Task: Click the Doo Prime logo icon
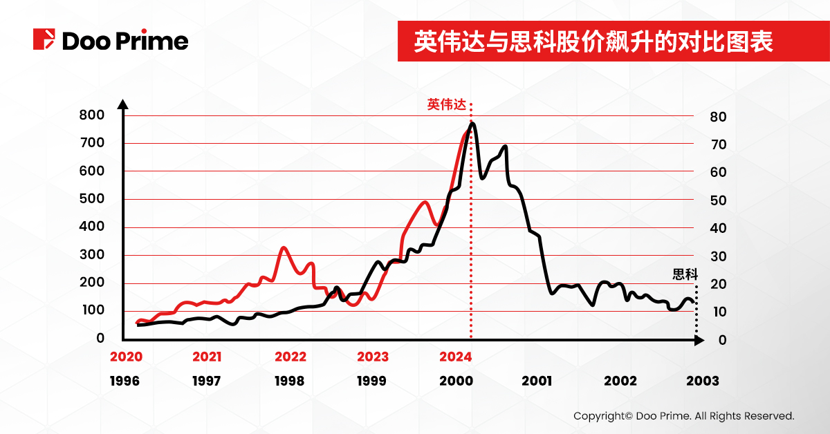(44, 39)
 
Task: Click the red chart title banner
(593, 41)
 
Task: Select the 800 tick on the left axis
(91, 115)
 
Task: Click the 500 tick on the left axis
(91, 199)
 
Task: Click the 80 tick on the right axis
(718, 117)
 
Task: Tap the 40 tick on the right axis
(718, 229)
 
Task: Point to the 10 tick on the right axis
(718, 312)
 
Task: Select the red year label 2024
(455, 357)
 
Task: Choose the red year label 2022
(290, 357)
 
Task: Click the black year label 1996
(124, 381)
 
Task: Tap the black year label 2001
(537, 381)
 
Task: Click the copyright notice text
(683, 416)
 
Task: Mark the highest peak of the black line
(472, 124)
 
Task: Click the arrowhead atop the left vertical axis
(123, 104)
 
